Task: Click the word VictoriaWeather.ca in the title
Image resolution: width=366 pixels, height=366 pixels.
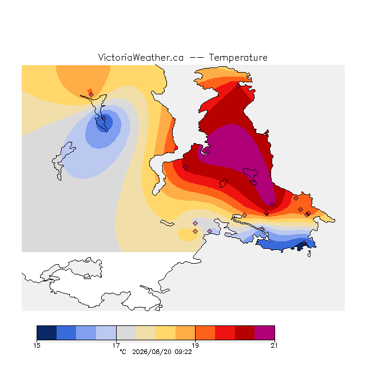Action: pyautogui.click(x=141, y=58)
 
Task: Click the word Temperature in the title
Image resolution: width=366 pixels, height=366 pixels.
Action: pyautogui.click(x=238, y=58)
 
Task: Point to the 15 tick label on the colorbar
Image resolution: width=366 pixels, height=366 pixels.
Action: pyautogui.click(x=37, y=345)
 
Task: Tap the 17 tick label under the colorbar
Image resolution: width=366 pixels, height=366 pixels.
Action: pyautogui.click(x=116, y=345)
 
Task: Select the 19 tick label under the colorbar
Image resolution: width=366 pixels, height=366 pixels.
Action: pyautogui.click(x=195, y=345)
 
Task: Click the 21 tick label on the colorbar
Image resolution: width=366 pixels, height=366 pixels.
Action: pyautogui.click(x=274, y=345)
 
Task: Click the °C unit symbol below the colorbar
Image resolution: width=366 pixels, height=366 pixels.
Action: pyautogui.click(x=123, y=352)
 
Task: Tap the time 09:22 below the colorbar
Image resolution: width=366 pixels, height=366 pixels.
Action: pyautogui.click(x=183, y=352)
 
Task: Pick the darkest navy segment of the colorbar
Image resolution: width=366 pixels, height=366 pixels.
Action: pyautogui.click(x=47, y=333)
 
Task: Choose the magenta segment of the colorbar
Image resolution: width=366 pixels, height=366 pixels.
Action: pyautogui.click(x=264, y=333)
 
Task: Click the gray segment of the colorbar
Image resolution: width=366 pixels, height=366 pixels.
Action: pyautogui.click(x=126, y=333)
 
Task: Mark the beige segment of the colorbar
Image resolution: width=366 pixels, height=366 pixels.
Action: pyautogui.click(x=146, y=333)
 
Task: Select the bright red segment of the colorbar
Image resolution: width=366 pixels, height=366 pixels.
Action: pyautogui.click(x=225, y=333)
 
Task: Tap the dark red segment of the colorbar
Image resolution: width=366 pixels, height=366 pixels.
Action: pyautogui.click(x=245, y=333)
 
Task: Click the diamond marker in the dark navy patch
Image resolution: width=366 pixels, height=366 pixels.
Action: pyautogui.click(x=304, y=242)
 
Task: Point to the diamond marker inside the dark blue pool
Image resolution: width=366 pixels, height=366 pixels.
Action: pyautogui.click(x=104, y=118)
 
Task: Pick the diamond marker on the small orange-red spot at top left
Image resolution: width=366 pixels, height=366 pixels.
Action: pyautogui.click(x=91, y=94)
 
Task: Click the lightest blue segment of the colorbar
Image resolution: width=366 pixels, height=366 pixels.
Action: pyautogui.click(x=106, y=333)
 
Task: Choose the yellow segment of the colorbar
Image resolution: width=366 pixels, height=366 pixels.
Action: pyautogui.click(x=165, y=333)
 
